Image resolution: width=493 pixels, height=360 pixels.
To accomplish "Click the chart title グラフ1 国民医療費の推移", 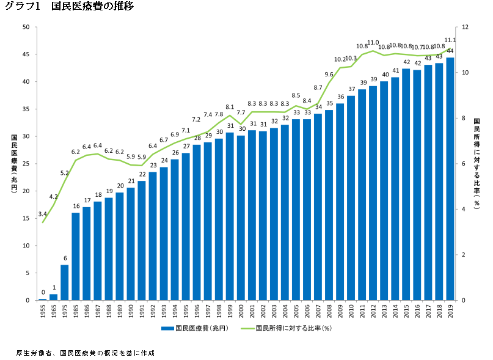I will coord(69,7).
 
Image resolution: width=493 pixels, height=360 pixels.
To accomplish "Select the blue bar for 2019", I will coord(450,177).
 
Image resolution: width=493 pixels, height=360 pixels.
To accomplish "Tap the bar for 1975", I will coord(65,282).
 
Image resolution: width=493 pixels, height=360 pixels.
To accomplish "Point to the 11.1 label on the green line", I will coord(451,40).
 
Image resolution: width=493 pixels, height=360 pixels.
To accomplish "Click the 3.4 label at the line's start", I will coord(42,214).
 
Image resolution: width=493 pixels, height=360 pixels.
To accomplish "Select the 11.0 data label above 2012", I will coord(373,42).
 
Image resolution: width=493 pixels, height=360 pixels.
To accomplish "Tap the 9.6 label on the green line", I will coord(329,74).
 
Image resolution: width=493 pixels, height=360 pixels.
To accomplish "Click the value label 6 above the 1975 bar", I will coord(65,258).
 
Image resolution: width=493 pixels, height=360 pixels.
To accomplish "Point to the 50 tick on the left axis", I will coord(26,27).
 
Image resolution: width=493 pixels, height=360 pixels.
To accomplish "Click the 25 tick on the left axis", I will coord(26,164).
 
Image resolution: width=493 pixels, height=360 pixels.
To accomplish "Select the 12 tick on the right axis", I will coord(465,27).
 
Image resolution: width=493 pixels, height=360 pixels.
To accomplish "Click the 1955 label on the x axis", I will coord(43,311).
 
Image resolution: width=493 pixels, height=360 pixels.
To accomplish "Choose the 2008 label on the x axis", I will coord(329,311).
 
